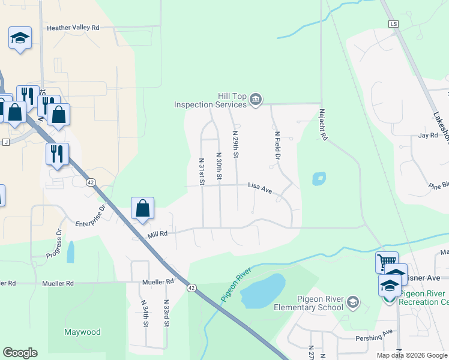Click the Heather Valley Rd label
click(73, 28)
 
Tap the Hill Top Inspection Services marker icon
click(256, 99)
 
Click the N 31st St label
click(202, 171)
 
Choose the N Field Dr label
click(277, 146)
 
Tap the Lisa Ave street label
click(260, 188)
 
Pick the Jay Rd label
click(428, 136)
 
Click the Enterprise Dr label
click(91, 217)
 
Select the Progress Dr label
click(53, 244)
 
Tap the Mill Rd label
click(157, 235)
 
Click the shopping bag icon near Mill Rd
click(143, 209)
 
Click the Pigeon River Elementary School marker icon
click(353, 301)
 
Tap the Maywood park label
click(83, 332)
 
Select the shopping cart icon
click(387, 262)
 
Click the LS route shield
click(393, 24)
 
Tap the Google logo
click(20, 353)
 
